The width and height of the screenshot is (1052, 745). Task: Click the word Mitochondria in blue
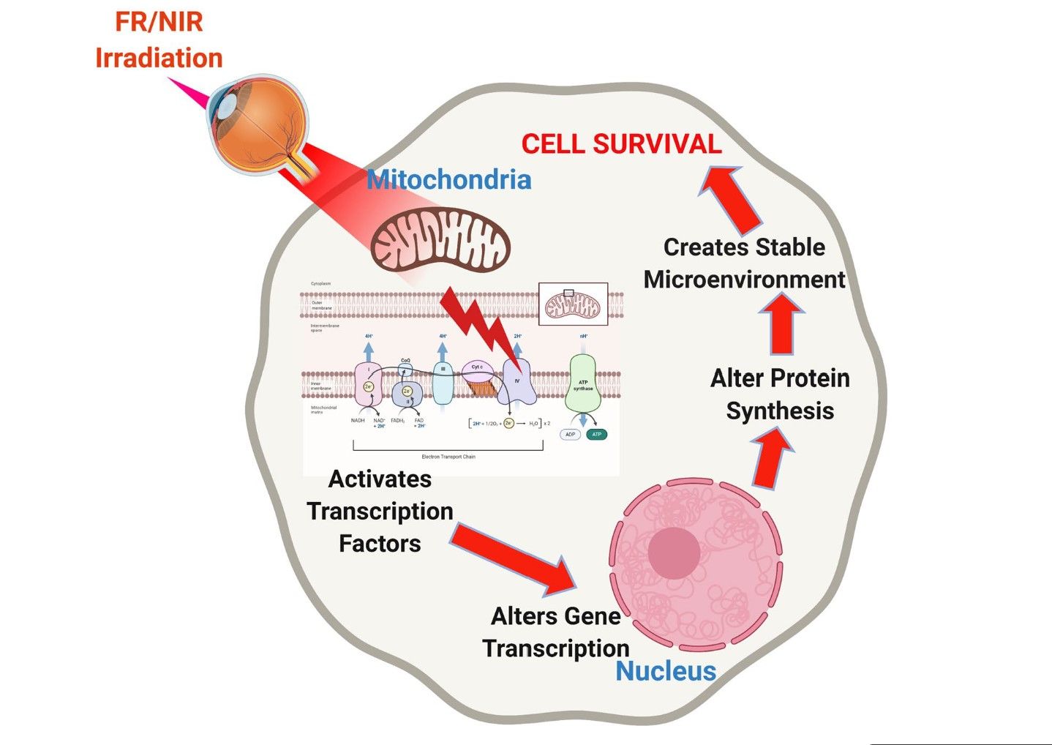pyautogui.click(x=448, y=180)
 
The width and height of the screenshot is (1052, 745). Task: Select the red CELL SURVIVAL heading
pyautogui.click(x=621, y=144)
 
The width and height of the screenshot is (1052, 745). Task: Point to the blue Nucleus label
pyautogui.click(x=665, y=670)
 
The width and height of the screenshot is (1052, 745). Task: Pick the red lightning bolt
pyautogui.click(x=485, y=326)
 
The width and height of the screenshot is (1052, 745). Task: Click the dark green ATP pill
pyautogui.click(x=596, y=435)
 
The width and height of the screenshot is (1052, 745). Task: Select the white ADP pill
pyautogui.click(x=570, y=435)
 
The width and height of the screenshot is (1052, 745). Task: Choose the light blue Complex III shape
pyautogui.click(x=443, y=383)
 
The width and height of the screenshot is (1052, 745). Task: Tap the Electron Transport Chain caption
pyautogui.click(x=448, y=457)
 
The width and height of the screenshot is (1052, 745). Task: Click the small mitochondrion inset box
pyautogui.click(x=573, y=304)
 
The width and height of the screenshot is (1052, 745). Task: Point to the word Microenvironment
pyautogui.click(x=744, y=280)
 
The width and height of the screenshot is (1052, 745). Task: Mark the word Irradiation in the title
pyautogui.click(x=159, y=58)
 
